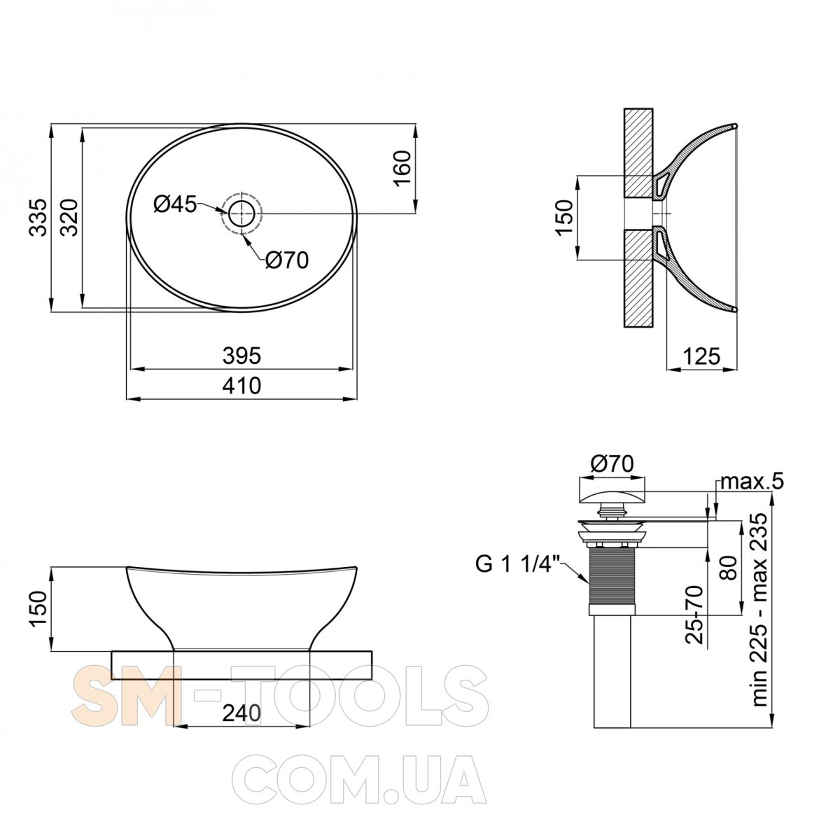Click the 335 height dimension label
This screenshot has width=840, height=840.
pos(39,218)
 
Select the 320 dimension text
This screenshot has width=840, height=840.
pos(70,218)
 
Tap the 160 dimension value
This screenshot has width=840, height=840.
pos(402,169)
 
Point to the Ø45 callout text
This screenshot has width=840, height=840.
pos(175,204)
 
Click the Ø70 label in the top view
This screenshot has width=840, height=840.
pos(287,260)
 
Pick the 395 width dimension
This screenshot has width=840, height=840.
pos(241,356)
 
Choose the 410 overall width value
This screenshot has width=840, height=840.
pos(241,386)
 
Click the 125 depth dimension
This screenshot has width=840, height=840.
pos(701,356)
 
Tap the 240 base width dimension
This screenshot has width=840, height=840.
pos(241,713)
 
